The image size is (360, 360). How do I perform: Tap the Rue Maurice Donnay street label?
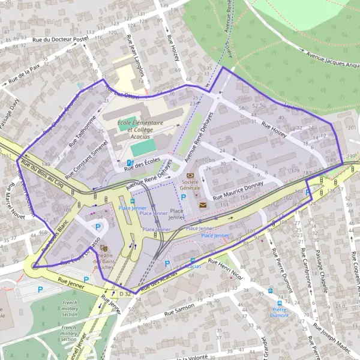(x=238, y=190)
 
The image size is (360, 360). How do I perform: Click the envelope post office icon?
(x=202, y=205)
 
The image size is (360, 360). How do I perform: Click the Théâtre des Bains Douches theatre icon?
(x=104, y=247)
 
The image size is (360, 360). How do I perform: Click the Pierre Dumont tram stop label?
(x=279, y=311)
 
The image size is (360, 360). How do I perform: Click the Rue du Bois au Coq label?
(x=42, y=171)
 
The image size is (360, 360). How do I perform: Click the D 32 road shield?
(x=125, y=294)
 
